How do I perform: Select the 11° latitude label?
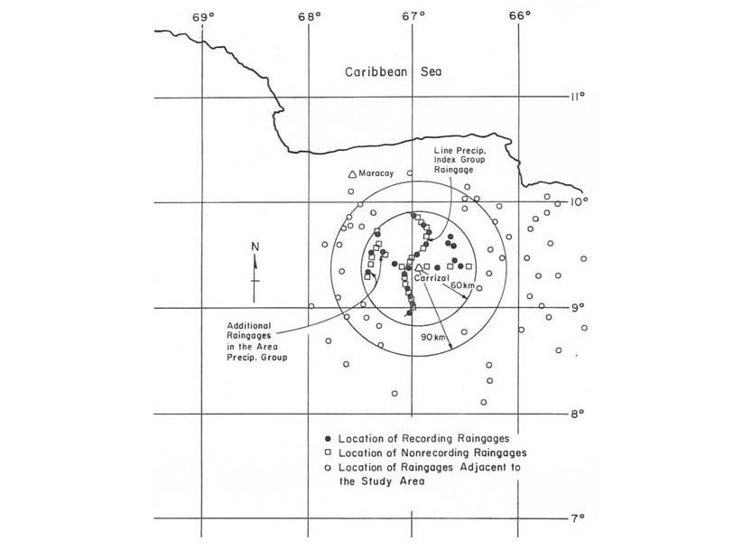click(577, 96)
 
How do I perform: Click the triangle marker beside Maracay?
click(352, 174)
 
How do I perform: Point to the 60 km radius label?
click(461, 285)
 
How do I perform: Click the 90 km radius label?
click(433, 336)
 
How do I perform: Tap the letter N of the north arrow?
click(255, 247)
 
